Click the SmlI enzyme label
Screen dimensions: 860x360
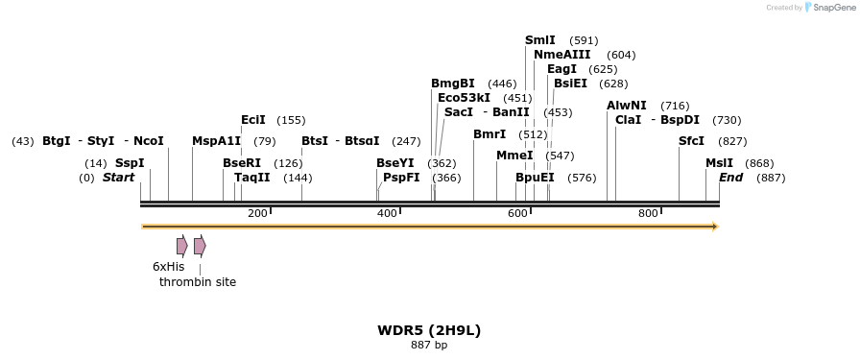tap(539, 40)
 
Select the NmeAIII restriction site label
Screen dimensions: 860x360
tap(561, 55)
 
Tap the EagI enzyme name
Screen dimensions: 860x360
tap(561, 69)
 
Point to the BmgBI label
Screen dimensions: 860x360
tap(452, 84)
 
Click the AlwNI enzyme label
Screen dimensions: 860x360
tap(627, 106)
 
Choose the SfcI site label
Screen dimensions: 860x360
tap(691, 141)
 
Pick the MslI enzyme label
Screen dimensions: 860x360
tap(719, 163)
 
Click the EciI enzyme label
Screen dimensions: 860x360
tap(253, 120)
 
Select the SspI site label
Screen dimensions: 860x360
tap(130, 163)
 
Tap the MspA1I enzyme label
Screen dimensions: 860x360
tap(216, 141)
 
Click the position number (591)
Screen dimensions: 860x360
tap(584, 40)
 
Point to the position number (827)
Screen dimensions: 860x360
tap(732, 141)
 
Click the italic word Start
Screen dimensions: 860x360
tap(118, 178)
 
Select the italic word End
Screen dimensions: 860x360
tap(730, 178)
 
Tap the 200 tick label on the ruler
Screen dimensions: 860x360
tap(257, 213)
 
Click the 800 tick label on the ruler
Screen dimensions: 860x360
tap(648, 213)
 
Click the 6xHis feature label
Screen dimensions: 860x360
tap(168, 267)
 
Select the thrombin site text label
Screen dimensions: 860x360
tap(198, 282)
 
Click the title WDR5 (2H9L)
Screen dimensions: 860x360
tap(429, 330)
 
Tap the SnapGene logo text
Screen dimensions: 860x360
tap(831, 8)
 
